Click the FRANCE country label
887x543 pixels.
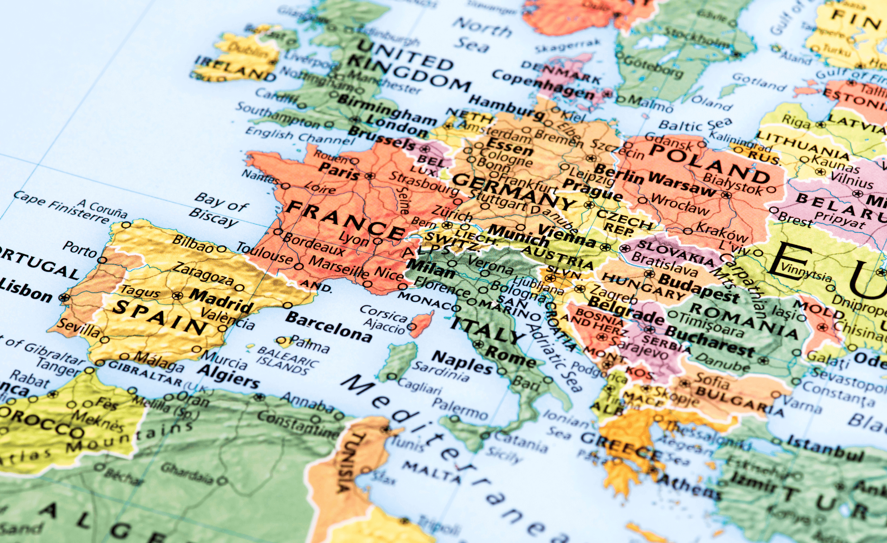(345, 221)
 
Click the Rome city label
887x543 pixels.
(511, 356)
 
